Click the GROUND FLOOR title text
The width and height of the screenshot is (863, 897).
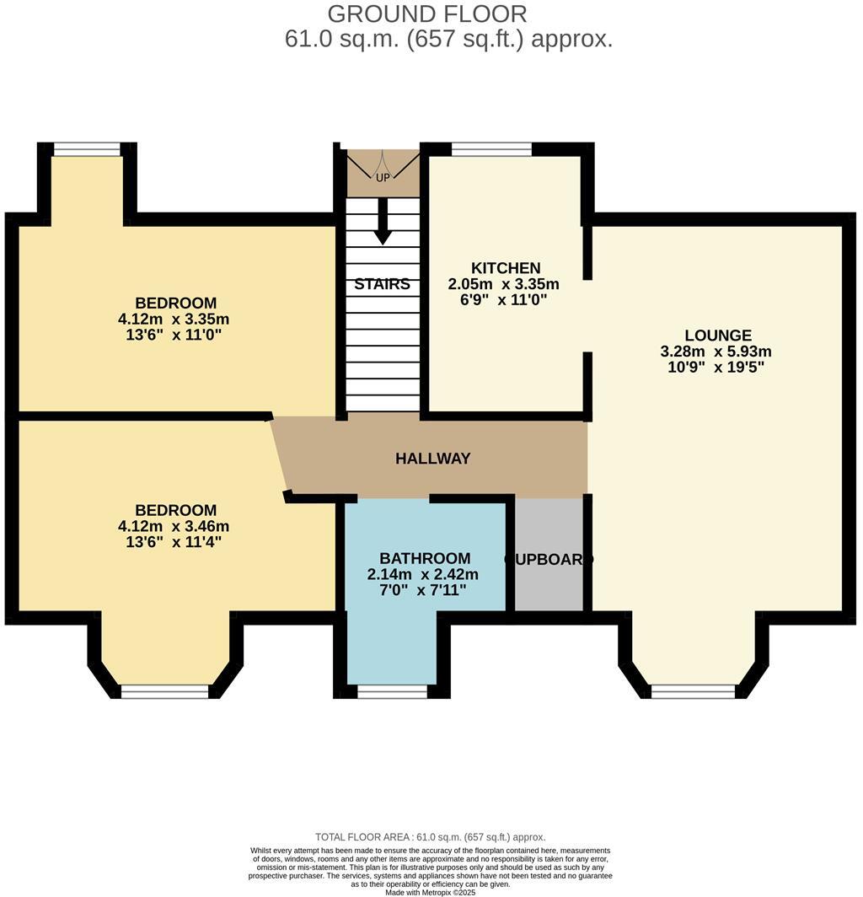click(x=426, y=13)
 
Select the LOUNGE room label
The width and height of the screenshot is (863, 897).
click(x=717, y=336)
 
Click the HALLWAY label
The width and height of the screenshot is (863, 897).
click(x=432, y=459)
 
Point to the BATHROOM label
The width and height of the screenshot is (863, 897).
click(x=424, y=558)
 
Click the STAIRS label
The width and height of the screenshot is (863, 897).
click(x=382, y=284)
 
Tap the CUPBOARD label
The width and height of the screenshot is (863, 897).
click(x=549, y=559)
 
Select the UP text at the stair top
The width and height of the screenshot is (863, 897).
click(x=383, y=177)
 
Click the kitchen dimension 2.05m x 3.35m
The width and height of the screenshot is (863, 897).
click(x=504, y=284)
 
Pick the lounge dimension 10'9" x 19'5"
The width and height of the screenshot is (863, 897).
click(x=717, y=367)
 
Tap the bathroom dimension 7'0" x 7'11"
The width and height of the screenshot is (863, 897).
click(x=423, y=589)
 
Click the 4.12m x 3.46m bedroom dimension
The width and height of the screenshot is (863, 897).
click(x=174, y=526)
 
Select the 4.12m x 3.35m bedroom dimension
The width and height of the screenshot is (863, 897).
click(x=174, y=319)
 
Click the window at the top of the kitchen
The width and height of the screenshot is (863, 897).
click(x=491, y=150)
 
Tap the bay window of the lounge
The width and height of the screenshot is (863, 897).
click(x=693, y=691)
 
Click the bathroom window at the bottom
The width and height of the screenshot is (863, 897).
click(x=392, y=691)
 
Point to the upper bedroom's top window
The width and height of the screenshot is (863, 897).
click(x=87, y=150)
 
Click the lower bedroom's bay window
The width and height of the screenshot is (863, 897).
click(x=164, y=691)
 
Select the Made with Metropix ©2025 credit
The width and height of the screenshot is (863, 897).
click(x=430, y=892)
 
